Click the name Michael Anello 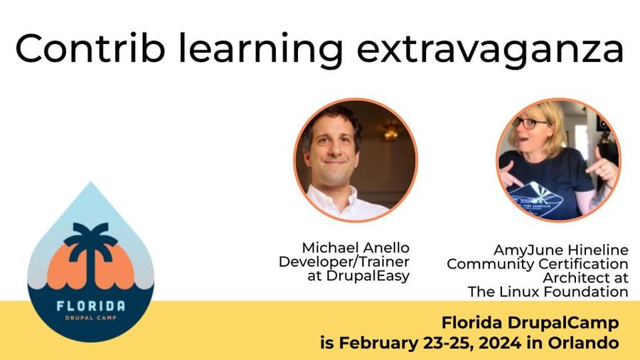click(356, 248)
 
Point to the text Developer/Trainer click(344, 262)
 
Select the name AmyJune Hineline click(561, 250)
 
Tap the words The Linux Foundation click(548, 292)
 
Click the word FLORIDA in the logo click(90, 306)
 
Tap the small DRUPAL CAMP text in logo click(90, 317)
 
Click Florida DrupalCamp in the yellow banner click(530, 323)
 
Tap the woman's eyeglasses click(530, 122)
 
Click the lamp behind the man click(390, 131)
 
